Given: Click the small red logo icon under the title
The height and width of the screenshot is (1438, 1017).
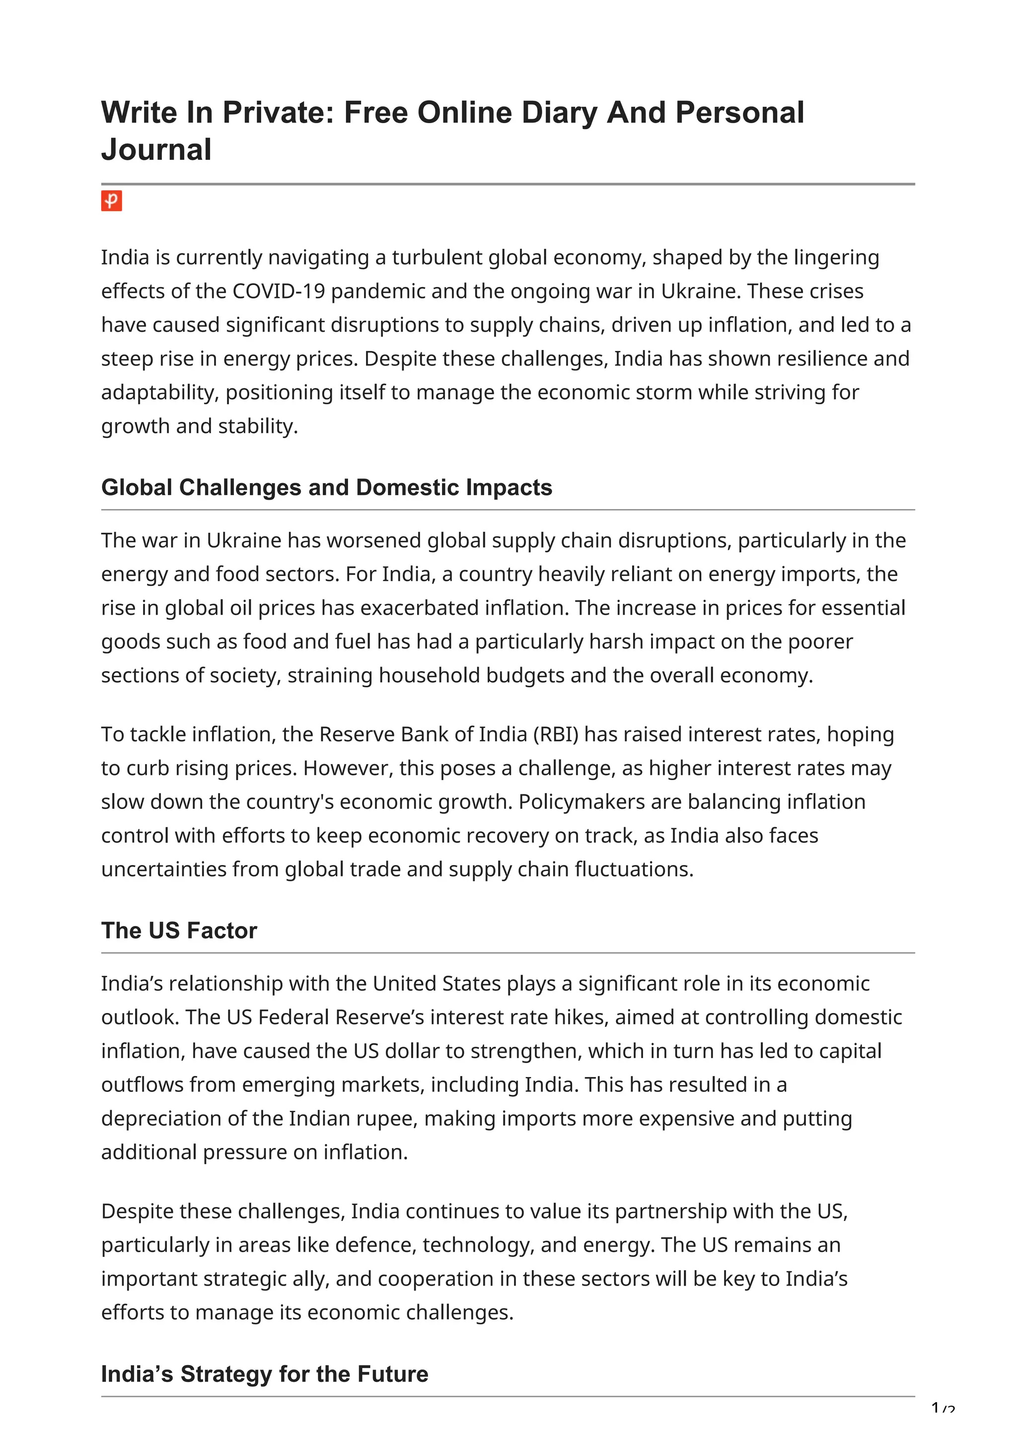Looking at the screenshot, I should pos(111,201).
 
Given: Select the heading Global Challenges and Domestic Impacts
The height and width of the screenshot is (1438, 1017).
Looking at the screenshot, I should pos(326,488).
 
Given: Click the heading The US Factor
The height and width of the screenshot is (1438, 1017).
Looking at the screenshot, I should pos(179,931).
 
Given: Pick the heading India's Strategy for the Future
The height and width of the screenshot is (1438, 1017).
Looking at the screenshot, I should pos(264,1373).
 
